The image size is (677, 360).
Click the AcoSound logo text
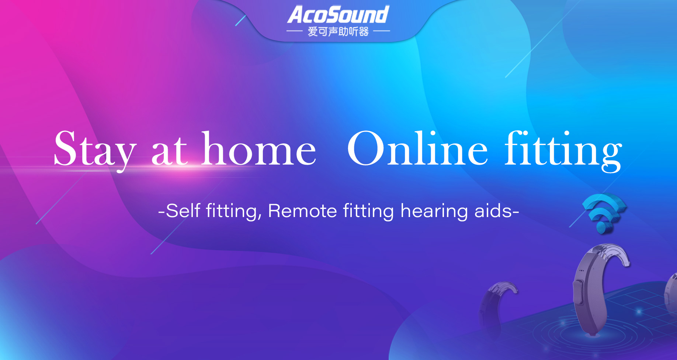point(338,15)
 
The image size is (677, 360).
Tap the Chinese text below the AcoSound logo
point(338,32)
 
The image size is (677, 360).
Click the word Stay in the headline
point(95,149)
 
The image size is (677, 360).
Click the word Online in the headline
point(418,148)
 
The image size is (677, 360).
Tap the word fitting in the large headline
point(563,151)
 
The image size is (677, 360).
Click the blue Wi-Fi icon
point(604,213)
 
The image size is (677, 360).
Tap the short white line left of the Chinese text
point(295,31)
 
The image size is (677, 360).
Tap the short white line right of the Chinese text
point(382,31)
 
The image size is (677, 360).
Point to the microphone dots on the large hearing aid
point(581,271)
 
